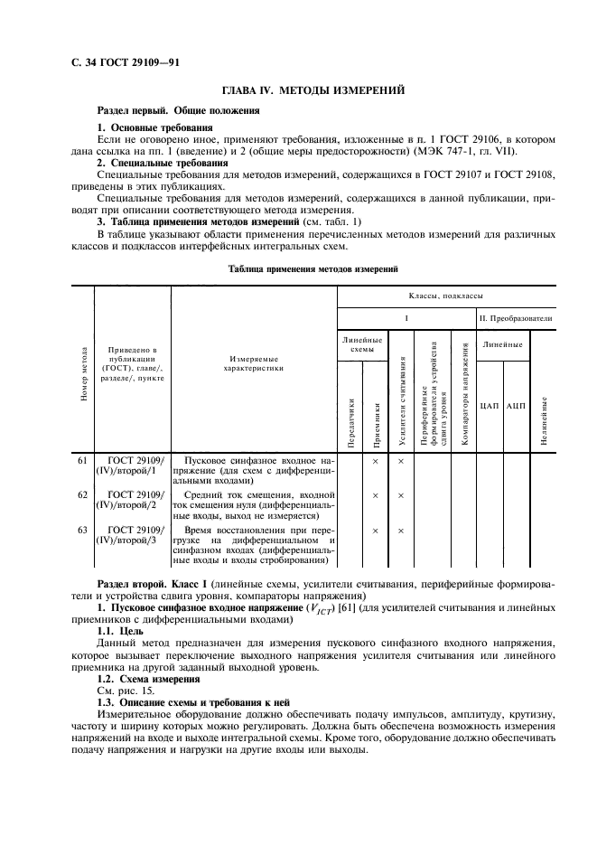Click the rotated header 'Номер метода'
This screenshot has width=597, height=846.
[x=83, y=373]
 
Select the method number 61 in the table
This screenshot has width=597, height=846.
[x=82, y=461]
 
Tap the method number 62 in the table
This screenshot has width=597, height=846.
[x=82, y=495]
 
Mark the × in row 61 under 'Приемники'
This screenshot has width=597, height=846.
[x=375, y=461]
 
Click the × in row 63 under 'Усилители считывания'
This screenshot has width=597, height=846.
[x=401, y=530]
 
